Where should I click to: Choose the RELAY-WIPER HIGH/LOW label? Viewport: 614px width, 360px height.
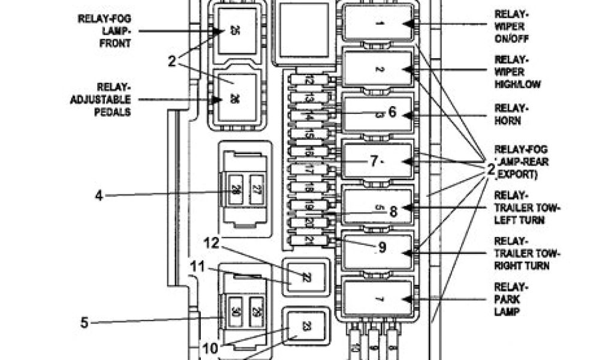coord(517,71)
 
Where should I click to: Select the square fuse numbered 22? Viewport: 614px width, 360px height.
coord(306,277)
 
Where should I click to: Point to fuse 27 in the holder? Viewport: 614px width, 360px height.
coord(257,190)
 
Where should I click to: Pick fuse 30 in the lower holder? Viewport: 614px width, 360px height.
coord(236,312)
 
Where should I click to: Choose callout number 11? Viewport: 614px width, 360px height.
coord(198,265)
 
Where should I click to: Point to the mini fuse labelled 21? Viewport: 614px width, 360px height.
coord(309,240)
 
